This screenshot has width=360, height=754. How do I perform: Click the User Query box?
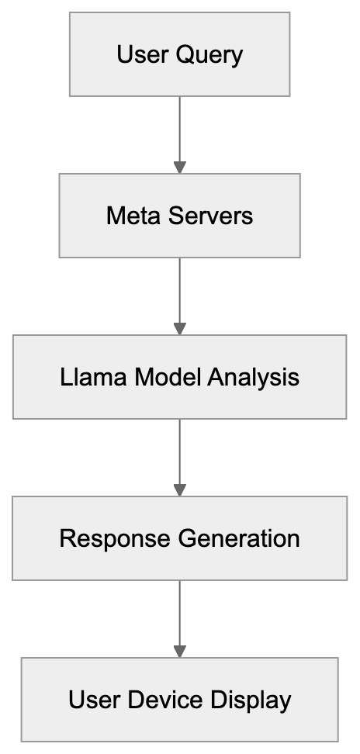point(179,54)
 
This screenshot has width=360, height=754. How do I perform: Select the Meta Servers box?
point(179,215)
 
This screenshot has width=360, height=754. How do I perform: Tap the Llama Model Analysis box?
point(179,377)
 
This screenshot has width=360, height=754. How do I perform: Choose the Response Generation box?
point(179,538)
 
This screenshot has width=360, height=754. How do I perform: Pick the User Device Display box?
point(179,700)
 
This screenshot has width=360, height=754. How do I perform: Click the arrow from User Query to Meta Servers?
point(179,132)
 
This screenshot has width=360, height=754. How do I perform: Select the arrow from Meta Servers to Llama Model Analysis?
point(179,293)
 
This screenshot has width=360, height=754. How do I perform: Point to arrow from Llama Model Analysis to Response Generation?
point(179,455)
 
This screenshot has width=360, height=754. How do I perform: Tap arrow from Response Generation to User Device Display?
point(179,616)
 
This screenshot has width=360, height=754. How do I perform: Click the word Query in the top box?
point(209,55)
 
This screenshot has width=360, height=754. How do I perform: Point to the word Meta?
point(131,215)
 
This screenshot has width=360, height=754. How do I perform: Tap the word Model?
point(167,377)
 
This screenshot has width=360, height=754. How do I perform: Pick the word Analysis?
point(253,378)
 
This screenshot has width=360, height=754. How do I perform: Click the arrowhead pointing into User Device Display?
point(179,651)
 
